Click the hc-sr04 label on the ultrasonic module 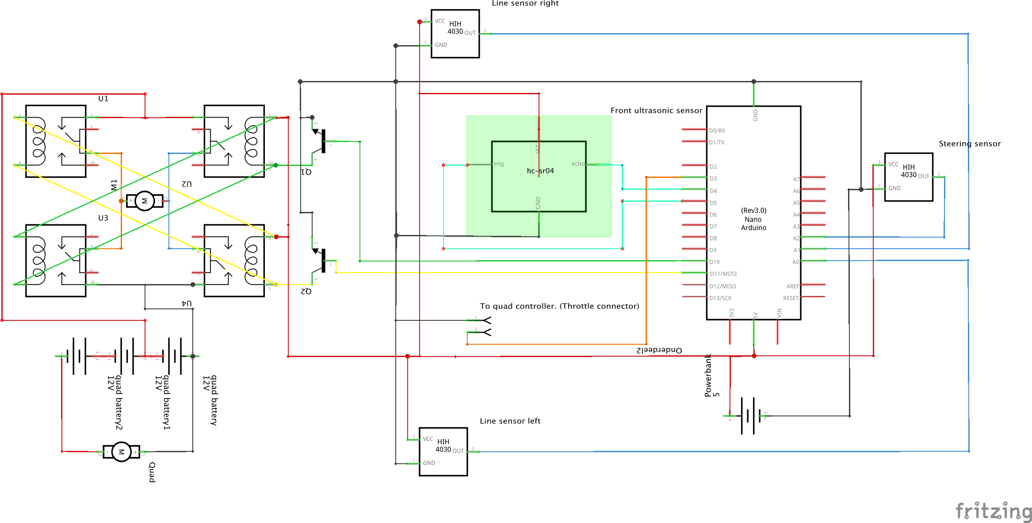tap(540, 171)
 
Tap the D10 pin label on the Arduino tap(715, 262)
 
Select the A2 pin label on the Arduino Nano tap(796, 238)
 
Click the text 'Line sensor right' tap(525, 4)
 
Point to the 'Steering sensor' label tap(970, 144)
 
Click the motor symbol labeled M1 tap(144, 201)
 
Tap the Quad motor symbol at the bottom tap(121, 452)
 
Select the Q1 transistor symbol tap(321, 141)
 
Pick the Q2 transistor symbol tap(321, 261)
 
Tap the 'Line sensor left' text tap(510, 421)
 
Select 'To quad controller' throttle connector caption tap(559, 306)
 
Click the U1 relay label tap(103, 99)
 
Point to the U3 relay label tap(103, 218)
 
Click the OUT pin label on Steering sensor tap(924, 176)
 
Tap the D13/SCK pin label tap(720, 298)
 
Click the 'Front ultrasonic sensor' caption tap(656, 111)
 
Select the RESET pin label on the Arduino tap(791, 298)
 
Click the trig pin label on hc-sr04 tap(499, 164)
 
